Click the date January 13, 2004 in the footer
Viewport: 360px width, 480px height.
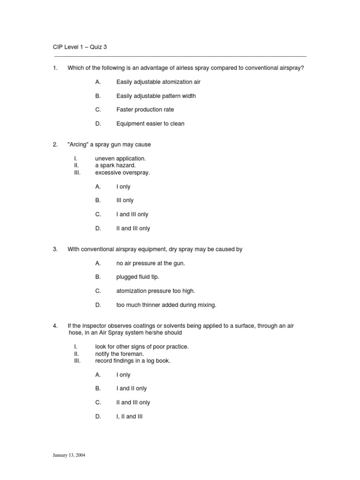(x=69, y=455)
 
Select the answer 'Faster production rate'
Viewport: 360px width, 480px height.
(x=145, y=110)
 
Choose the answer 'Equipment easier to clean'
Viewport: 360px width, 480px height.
(x=150, y=124)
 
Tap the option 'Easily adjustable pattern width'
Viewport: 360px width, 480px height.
(x=156, y=96)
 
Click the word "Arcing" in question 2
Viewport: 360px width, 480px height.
(x=78, y=144)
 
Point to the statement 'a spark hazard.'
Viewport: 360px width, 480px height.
(x=115, y=165)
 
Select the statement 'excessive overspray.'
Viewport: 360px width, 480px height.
(x=122, y=172)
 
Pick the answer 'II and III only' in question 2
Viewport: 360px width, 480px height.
(x=133, y=228)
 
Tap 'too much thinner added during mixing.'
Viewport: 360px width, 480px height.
(x=166, y=305)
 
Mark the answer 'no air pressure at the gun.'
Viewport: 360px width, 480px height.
(x=150, y=263)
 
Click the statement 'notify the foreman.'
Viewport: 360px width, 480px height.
(x=119, y=354)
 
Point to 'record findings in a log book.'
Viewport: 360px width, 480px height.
(x=133, y=361)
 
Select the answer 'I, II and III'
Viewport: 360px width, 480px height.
(x=129, y=416)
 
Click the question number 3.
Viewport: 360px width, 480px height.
(x=55, y=249)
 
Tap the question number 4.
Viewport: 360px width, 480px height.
(x=55, y=325)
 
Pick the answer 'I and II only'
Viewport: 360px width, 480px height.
(x=131, y=389)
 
